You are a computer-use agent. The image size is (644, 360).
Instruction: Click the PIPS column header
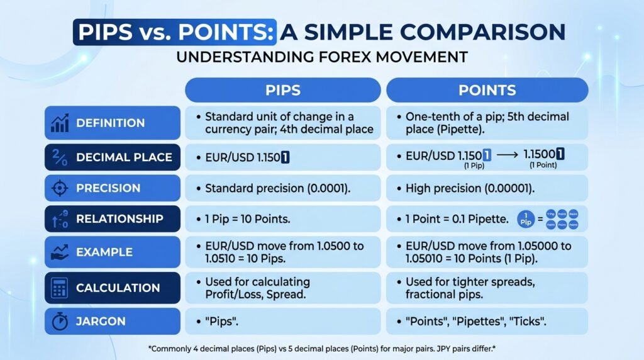(x=282, y=90)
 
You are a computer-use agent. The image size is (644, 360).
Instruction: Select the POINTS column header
(x=487, y=90)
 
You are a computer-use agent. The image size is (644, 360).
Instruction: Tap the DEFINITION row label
(x=110, y=123)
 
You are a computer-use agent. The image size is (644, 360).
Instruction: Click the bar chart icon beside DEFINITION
(x=58, y=123)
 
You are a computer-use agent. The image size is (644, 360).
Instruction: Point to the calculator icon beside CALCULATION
(x=59, y=288)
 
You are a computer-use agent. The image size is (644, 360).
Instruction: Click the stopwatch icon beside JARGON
(x=59, y=321)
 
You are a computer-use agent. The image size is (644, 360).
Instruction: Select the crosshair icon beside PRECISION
(x=59, y=188)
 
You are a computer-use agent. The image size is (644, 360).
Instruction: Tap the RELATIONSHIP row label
(x=119, y=219)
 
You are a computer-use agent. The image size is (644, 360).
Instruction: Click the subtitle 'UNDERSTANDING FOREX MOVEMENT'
(x=321, y=57)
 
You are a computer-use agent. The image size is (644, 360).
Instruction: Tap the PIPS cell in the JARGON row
(x=282, y=321)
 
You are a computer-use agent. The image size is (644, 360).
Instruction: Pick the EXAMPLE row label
(x=104, y=252)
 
